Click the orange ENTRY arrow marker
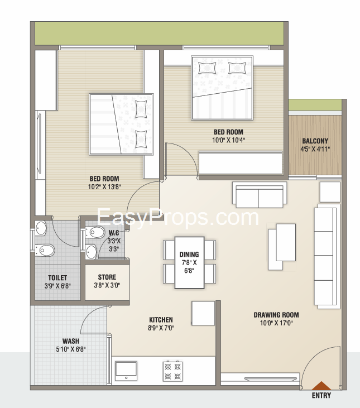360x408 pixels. (x=321, y=386)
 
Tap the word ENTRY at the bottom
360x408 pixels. (x=321, y=396)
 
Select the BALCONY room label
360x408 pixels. (x=315, y=141)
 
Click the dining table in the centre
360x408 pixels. (x=189, y=262)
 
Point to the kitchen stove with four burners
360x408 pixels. (x=172, y=371)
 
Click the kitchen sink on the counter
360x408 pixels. (x=126, y=371)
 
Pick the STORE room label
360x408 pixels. (x=107, y=277)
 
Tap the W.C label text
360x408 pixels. (x=114, y=233)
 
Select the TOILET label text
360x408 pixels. (x=57, y=277)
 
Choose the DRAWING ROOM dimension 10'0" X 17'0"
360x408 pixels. (x=276, y=323)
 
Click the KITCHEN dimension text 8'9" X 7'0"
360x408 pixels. (x=161, y=328)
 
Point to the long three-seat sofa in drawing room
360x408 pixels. (x=327, y=257)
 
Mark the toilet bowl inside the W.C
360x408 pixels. (x=96, y=232)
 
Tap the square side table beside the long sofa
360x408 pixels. (x=330, y=192)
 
